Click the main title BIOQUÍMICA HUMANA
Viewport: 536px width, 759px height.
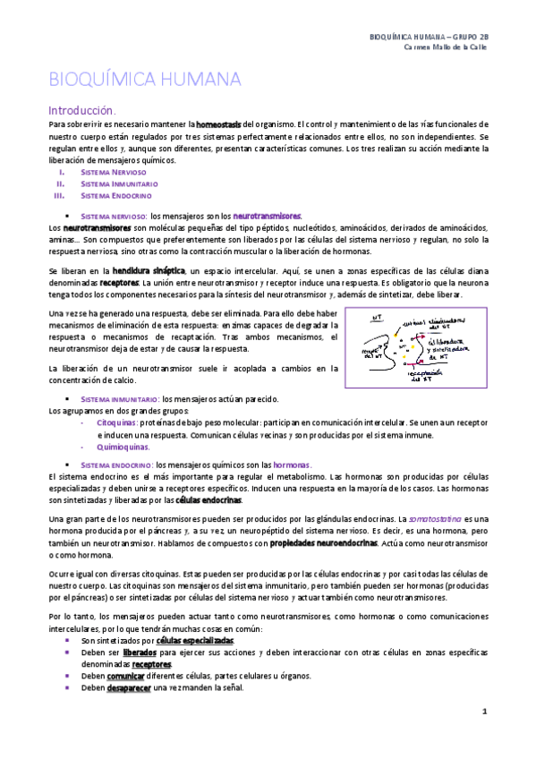[x=144, y=79]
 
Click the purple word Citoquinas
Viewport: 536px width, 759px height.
[x=117, y=420]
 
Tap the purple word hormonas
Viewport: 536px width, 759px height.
[x=292, y=465]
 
